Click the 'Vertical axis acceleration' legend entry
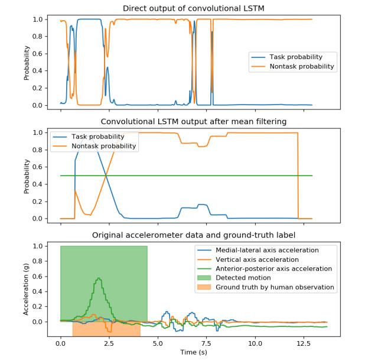click(x=258, y=260)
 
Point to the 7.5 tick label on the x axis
click(x=206, y=342)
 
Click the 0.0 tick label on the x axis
click(x=61, y=342)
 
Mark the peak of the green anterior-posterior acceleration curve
click(x=99, y=278)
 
